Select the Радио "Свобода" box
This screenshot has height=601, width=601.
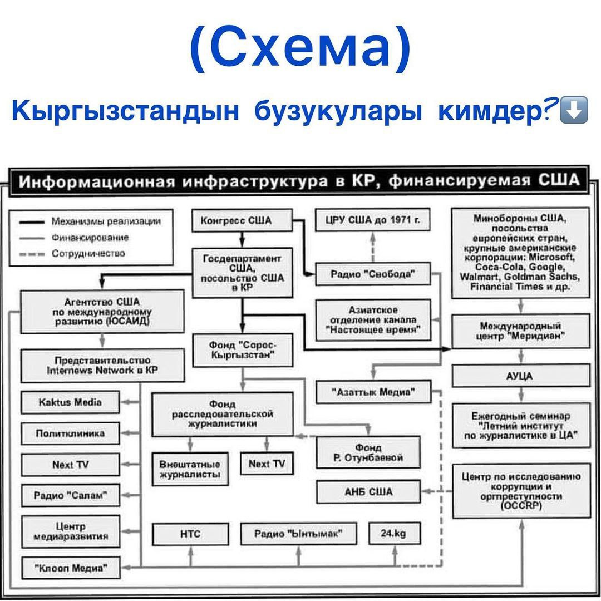click(x=373, y=274)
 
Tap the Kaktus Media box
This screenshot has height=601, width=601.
click(x=70, y=402)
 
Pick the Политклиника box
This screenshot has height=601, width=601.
click(x=70, y=433)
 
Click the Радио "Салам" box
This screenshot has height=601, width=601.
click(x=70, y=495)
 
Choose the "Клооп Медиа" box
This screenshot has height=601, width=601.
click(x=70, y=568)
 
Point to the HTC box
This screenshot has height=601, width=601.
click(x=190, y=534)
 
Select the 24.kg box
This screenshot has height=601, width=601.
click(x=393, y=534)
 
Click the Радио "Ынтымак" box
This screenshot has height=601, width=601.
click(x=298, y=534)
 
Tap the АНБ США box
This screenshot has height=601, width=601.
click(x=368, y=492)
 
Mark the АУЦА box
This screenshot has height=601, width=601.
click(x=520, y=376)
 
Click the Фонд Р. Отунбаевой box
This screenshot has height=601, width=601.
click(x=368, y=452)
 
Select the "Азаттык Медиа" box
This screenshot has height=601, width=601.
click(x=373, y=392)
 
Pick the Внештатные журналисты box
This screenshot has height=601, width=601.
click(x=190, y=469)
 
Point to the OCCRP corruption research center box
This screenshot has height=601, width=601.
click(x=520, y=490)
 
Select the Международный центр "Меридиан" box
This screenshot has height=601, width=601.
click(x=520, y=331)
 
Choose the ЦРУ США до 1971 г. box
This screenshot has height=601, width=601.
click(x=373, y=221)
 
